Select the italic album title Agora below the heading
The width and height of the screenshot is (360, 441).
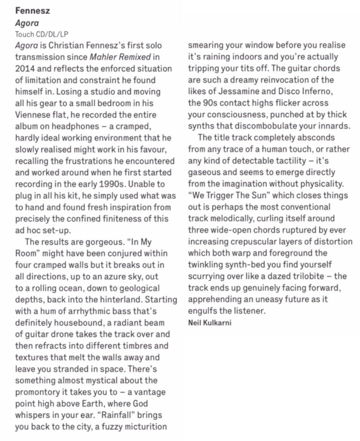pyautogui.click(x=27, y=22)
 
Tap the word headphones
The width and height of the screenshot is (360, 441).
pyautogui.click(x=88, y=126)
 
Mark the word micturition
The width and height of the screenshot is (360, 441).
pyautogui.click(x=145, y=426)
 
